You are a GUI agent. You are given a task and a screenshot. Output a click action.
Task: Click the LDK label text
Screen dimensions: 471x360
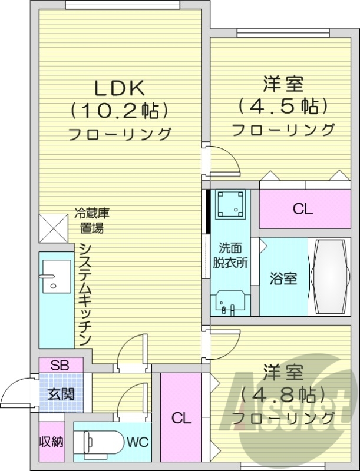tap(120, 88)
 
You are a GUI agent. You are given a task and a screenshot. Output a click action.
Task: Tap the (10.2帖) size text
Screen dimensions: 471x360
tap(120, 110)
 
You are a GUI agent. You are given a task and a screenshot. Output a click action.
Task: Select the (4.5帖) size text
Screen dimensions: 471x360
tap(283, 107)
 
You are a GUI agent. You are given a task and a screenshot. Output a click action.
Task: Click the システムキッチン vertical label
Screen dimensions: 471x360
tap(84, 294)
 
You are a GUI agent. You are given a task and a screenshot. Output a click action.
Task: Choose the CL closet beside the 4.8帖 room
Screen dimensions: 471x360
tap(181, 418)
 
